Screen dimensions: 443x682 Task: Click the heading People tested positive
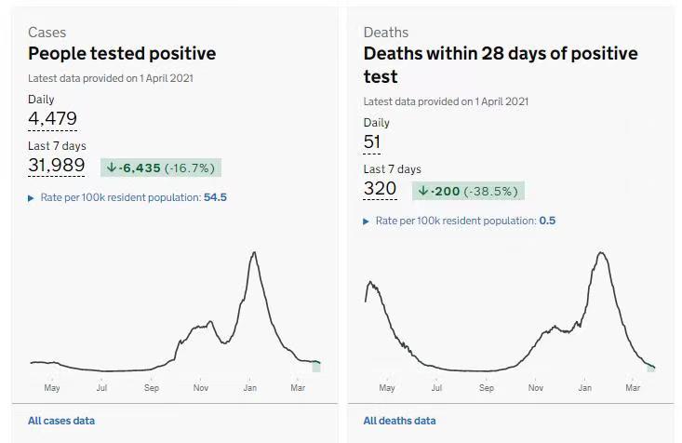pos(122,54)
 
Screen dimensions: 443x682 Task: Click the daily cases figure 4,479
pos(52,118)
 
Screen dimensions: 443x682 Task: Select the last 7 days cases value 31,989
pos(57,166)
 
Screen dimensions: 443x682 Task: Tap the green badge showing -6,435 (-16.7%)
pos(161,168)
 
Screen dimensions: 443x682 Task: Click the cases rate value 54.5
pos(215,197)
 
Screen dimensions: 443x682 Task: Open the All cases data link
pos(61,421)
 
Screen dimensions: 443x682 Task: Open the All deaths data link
pos(399,421)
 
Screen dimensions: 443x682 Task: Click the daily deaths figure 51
pos(372,141)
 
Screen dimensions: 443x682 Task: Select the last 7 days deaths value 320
pos(380,189)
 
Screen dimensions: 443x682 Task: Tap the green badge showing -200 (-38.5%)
pos(468,191)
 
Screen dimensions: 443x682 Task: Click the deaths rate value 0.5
pos(547,221)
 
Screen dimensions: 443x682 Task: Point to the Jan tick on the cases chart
pos(250,387)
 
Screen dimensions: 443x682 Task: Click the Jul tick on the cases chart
pos(101,387)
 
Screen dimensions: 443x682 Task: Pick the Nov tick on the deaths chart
pos(536,387)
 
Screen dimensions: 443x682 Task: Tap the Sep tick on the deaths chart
pos(487,387)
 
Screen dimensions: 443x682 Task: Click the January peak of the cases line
pos(253,252)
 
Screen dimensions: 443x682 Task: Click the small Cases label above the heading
pos(47,33)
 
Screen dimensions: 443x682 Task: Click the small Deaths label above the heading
pos(386,33)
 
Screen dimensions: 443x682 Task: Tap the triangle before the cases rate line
pos(32,198)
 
